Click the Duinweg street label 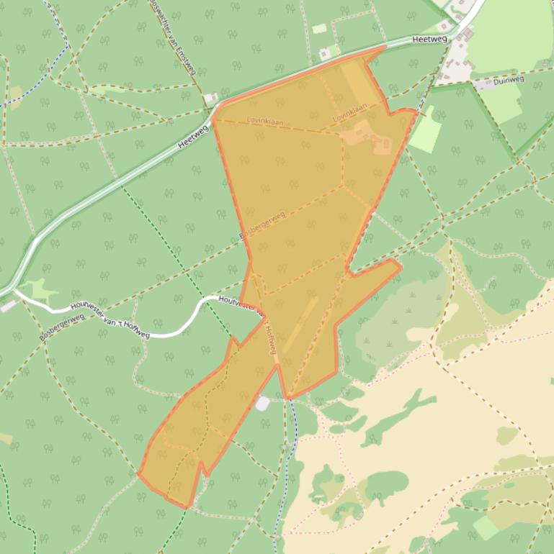point(510,81)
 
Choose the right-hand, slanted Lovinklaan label point(350,112)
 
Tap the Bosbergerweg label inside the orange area point(262,225)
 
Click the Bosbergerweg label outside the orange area point(62,327)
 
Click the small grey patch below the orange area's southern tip point(262,404)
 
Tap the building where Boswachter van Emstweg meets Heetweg point(210,98)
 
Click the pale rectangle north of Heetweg point(319,29)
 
